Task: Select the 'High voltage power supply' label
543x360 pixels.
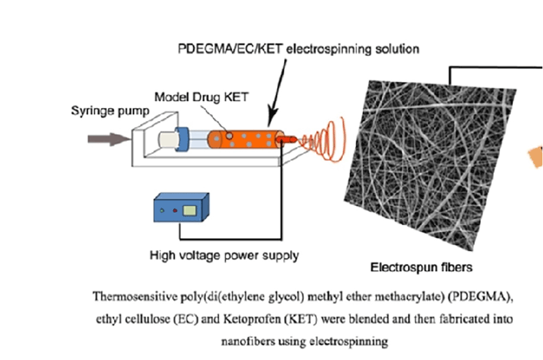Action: pyautogui.click(x=224, y=255)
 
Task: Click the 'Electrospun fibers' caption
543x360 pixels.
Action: pyautogui.click(x=421, y=266)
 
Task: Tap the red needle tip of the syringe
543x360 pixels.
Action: pyautogui.click(x=289, y=139)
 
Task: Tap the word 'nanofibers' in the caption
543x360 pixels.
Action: pyautogui.click(x=245, y=342)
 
